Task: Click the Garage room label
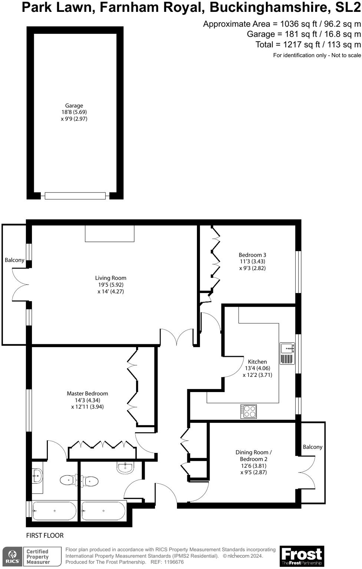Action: pos(74,106)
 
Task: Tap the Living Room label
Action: pos(111,278)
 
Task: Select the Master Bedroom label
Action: pos(87,394)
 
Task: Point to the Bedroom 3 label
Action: pos(252,255)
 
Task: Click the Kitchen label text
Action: pos(257,362)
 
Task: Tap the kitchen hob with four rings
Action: pos(249,411)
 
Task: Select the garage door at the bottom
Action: pos(75,195)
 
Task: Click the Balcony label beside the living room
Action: pos(14,260)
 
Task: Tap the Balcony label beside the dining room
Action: pos(312,447)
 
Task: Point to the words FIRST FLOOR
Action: pos(45,535)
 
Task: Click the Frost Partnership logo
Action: pos(302,556)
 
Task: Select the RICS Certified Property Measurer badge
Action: pos(32,556)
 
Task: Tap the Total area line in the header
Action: pos(308,45)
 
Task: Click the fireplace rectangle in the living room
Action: pos(109,233)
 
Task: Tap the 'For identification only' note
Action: pos(317,55)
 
